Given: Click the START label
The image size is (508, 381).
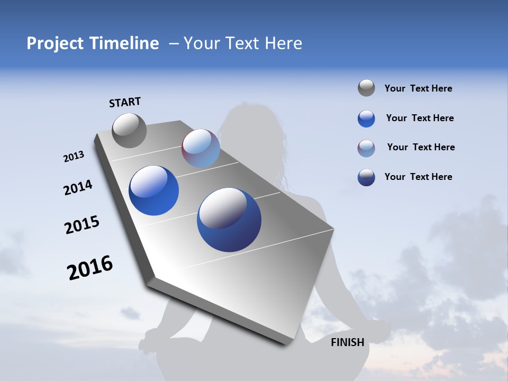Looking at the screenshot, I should click(x=125, y=102).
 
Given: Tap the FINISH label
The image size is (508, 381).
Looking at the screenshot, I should click(x=347, y=342).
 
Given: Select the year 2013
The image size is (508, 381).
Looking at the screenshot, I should click(x=74, y=157).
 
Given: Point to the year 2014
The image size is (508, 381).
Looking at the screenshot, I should click(x=78, y=187).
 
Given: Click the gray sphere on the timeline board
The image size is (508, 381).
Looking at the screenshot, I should click(x=129, y=130).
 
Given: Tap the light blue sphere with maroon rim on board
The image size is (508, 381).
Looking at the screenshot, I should click(x=201, y=148).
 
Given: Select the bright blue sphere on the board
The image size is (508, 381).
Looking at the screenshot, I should click(x=153, y=190).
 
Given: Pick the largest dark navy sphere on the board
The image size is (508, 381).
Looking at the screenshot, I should click(x=229, y=220).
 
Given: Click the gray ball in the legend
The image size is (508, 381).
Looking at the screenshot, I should click(x=366, y=88).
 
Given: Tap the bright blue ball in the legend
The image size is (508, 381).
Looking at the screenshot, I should click(x=366, y=119).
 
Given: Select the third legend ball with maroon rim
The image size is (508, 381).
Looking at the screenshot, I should click(x=366, y=148).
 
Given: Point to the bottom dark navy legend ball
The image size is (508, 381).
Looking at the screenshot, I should click(x=366, y=177).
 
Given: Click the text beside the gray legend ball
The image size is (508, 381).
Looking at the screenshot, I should click(x=418, y=88).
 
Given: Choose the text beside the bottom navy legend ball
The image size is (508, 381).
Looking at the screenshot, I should click(x=418, y=177).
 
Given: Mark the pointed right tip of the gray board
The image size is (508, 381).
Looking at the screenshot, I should click(x=333, y=230).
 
